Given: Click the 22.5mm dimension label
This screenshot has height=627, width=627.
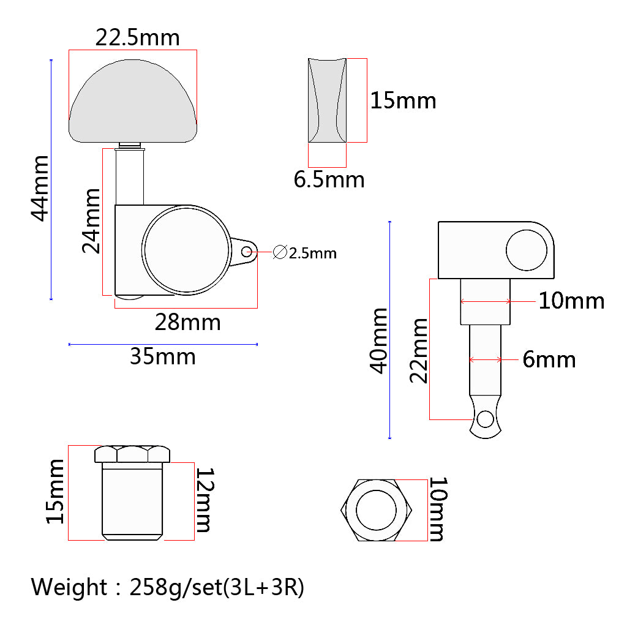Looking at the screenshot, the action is pyautogui.click(x=138, y=38).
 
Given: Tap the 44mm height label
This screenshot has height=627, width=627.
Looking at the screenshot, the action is pyautogui.click(x=40, y=189).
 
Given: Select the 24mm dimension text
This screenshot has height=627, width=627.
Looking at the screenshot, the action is pyautogui.click(x=91, y=221).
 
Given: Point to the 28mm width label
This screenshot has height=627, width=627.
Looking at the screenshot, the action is pyautogui.click(x=187, y=322).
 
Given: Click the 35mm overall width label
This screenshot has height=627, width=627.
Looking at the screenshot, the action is pyautogui.click(x=163, y=357).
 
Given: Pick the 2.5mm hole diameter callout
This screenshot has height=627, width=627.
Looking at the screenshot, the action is pyautogui.click(x=305, y=253).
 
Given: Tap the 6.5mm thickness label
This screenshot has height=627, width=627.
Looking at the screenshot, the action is pyautogui.click(x=329, y=179).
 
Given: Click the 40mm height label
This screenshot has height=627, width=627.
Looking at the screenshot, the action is pyautogui.click(x=378, y=340).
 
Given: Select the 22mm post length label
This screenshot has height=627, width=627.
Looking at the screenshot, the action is pyautogui.click(x=419, y=351).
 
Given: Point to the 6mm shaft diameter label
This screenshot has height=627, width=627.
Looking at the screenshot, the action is pyautogui.click(x=549, y=359).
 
